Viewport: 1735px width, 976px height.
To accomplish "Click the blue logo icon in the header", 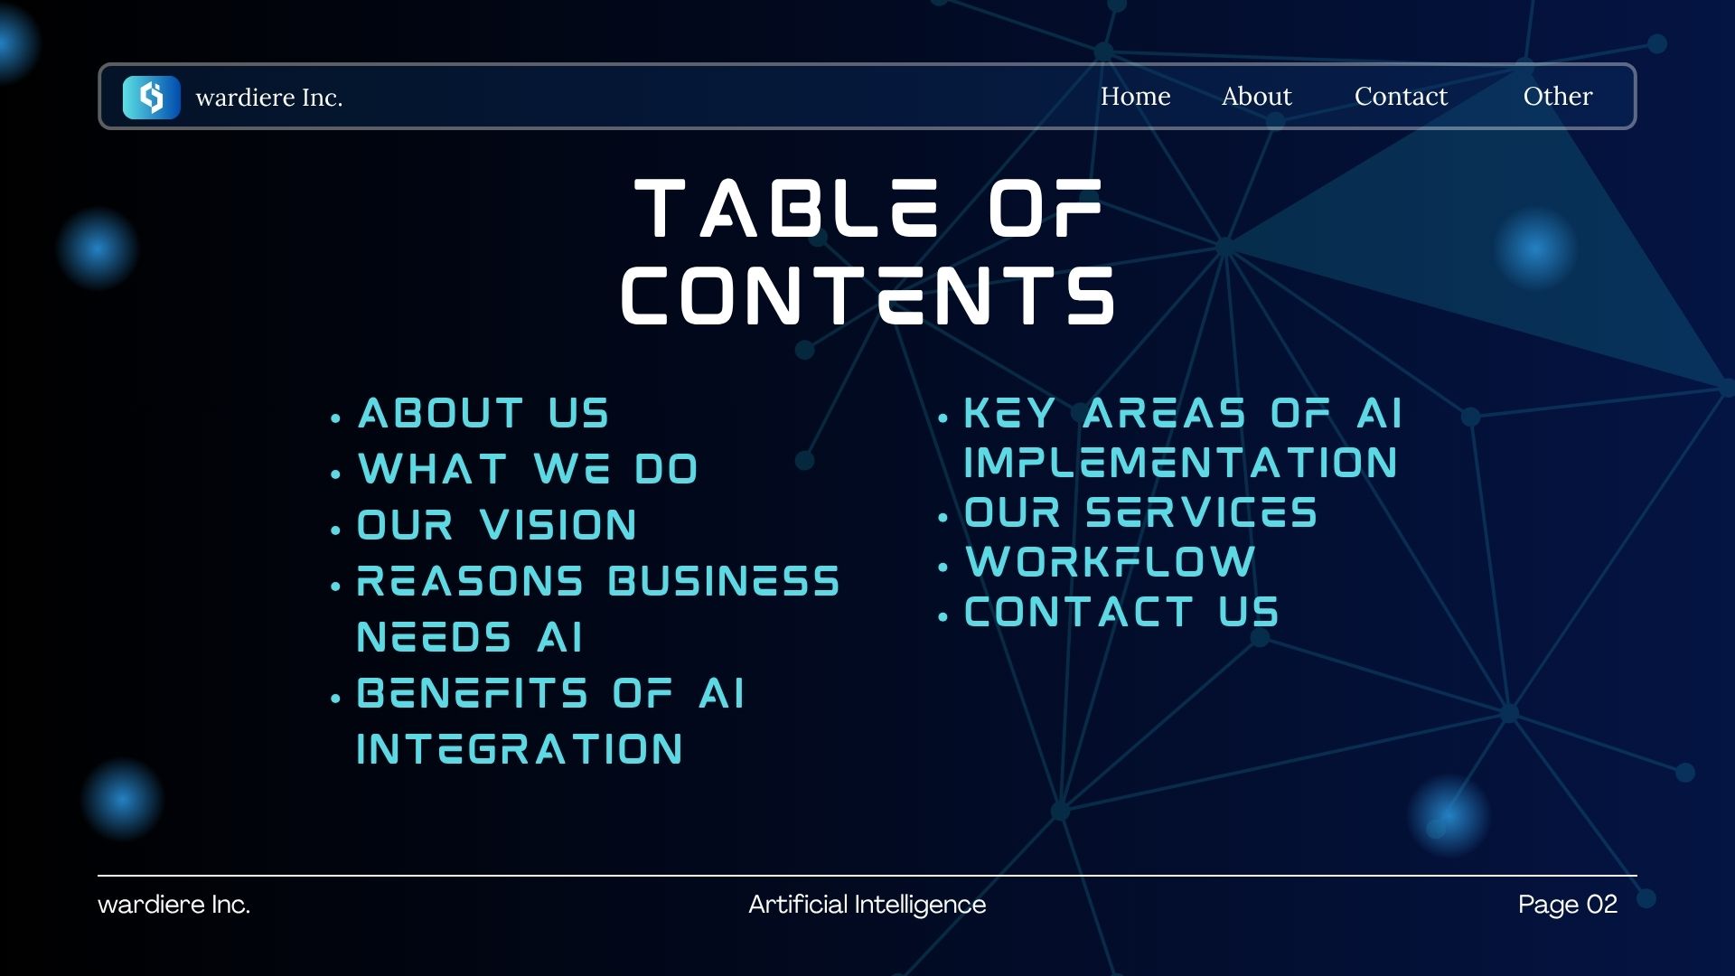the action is pyautogui.click(x=151, y=97).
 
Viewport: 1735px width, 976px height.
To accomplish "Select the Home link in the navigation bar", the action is pyautogui.click(x=1135, y=96).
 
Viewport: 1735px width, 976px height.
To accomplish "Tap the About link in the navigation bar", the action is pyautogui.click(x=1256, y=96).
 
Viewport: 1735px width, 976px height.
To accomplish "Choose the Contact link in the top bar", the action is pyautogui.click(x=1401, y=96).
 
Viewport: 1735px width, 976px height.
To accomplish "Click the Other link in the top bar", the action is pyautogui.click(x=1558, y=96).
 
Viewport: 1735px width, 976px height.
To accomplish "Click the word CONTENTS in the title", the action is pyautogui.click(x=867, y=295).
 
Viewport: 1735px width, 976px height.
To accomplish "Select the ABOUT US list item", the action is pyautogui.click(x=483, y=414).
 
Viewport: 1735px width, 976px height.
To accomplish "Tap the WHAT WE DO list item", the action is pyautogui.click(x=528, y=469).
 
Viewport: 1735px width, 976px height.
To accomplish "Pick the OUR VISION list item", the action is pyautogui.click(x=497, y=525).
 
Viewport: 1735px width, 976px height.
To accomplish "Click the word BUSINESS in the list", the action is pyautogui.click(x=724, y=581).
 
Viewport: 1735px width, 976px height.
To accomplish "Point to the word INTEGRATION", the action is pyautogui.click(x=520, y=749).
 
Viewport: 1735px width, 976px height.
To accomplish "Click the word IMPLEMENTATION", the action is pyautogui.click(x=1181, y=463).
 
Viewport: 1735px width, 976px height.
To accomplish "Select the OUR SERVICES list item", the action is pyautogui.click(x=1141, y=512).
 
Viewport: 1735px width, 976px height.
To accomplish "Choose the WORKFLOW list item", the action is pyautogui.click(x=1111, y=562).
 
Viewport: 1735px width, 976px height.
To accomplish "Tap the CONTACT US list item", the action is pyautogui.click(x=1121, y=612).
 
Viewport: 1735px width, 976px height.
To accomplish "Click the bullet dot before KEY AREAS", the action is pyautogui.click(x=943, y=418).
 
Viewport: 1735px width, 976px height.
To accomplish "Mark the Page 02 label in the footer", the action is pyautogui.click(x=1568, y=905).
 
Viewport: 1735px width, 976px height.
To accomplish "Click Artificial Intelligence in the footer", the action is pyautogui.click(x=867, y=905).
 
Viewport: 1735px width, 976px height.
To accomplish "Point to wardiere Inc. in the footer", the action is pyautogui.click(x=174, y=905).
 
